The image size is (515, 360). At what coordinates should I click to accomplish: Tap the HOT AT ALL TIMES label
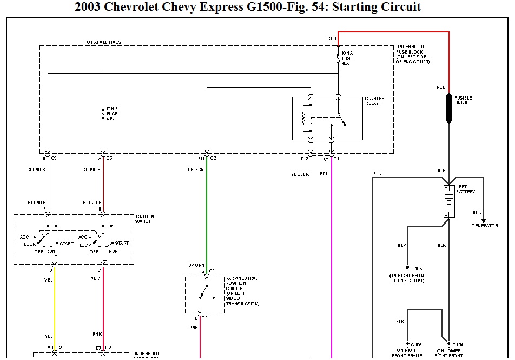click(103, 42)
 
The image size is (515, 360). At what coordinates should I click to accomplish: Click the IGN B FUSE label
click(112, 114)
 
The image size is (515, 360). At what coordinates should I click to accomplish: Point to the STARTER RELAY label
click(375, 101)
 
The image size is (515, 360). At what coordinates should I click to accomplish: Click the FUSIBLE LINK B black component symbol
click(448, 107)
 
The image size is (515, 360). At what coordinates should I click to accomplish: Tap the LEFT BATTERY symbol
click(448, 201)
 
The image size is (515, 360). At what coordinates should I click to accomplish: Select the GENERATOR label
click(484, 226)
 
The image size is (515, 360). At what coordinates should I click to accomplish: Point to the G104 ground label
click(458, 344)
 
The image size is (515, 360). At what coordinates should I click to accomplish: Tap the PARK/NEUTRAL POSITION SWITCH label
click(242, 291)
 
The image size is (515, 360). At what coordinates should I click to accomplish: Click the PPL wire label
click(324, 174)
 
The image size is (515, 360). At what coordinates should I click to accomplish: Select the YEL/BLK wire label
click(299, 174)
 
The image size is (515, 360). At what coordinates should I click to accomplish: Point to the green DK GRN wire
click(207, 217)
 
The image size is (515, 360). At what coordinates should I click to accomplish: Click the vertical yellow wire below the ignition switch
click(54, 303)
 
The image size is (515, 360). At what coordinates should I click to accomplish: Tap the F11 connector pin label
click(201, 158)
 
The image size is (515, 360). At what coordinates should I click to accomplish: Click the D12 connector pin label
click(305, 158)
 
